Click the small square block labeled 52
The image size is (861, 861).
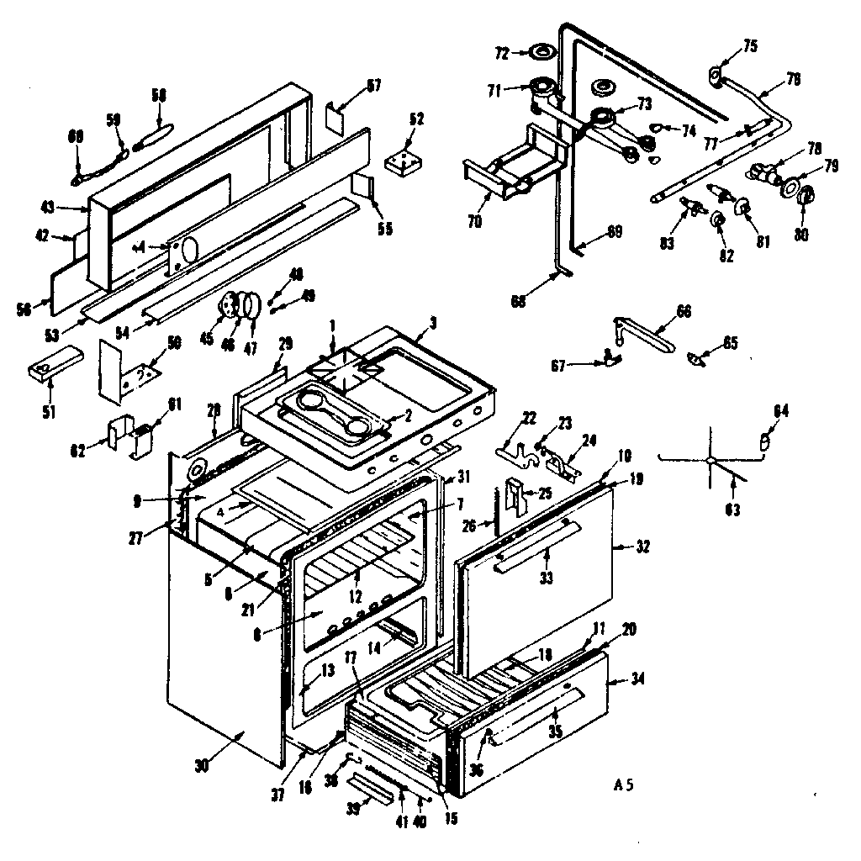(x=404, y=162)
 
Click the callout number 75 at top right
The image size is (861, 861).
(x=726, y=46)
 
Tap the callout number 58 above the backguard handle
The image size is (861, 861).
(x=158, y=94)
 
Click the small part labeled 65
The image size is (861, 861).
(x=696, y=359)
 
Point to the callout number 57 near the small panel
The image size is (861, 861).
(x=372, y=85)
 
